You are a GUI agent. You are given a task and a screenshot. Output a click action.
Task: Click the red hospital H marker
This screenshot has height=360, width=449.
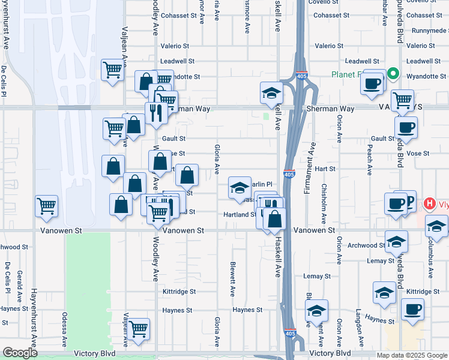pyautogui.click(x=430, y=203)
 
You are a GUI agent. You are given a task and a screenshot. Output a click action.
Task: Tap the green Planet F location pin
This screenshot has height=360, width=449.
pyautogui.click(x=393, y=74)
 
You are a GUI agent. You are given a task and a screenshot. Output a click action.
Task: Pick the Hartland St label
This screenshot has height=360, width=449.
pyautogui.click(x=240, y=214)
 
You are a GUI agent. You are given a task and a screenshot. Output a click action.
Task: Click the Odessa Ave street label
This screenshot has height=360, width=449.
pyautogui.click(x=65, y=329)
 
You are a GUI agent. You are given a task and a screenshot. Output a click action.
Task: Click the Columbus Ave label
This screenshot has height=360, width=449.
pyautogui.click(x=430, y=259)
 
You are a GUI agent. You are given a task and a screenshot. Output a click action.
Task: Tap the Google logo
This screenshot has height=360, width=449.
pyautogui.click(x=19, y=353)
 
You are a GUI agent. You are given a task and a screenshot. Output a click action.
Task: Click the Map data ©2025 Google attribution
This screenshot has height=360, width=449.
pyautogui.click(x=411, y=355)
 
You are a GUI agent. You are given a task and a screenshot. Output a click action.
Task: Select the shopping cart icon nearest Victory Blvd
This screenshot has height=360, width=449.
pyautogui.click(x=139, y=329)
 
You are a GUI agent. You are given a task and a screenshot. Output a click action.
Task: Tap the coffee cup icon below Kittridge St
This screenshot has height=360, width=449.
pyautogui.click(x=412, y=310)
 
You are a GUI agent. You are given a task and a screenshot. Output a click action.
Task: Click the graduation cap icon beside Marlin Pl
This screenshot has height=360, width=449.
pyautogui.click(x=240, y=187)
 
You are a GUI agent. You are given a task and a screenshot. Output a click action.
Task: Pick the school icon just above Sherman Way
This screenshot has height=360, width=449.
pyautogui.click(x=271, y=93)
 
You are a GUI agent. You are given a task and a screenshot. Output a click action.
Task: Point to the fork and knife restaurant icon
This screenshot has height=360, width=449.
pyautogui.click(x=155, y=112)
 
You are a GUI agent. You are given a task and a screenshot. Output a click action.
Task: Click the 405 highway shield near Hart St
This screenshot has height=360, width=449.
pyautogui.click(x=290, y=174)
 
